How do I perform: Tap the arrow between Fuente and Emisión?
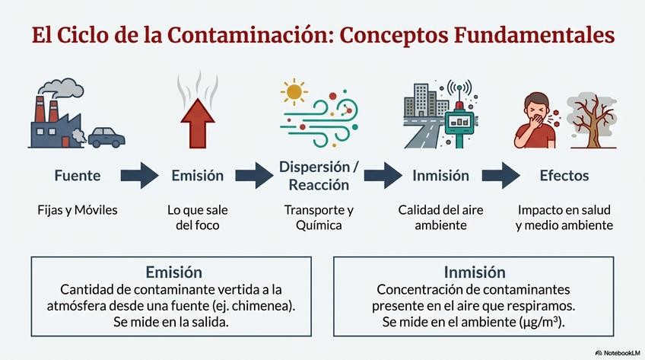139,176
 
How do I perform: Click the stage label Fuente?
78,176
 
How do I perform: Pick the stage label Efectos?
564,176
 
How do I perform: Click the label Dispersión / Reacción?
319,175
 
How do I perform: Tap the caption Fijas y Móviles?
78,209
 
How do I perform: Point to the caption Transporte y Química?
319,217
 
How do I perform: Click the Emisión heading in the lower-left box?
173,272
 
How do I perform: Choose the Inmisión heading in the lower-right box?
474,272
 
